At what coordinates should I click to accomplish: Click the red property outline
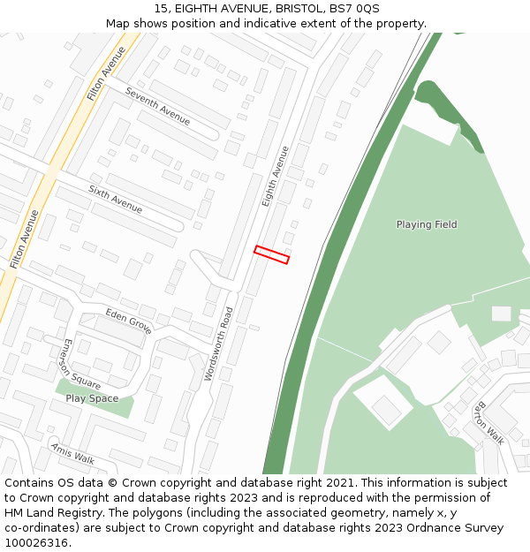pyautogui.click(x=271, y=254)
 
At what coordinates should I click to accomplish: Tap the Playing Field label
pyautogui.click(x=427, y=224)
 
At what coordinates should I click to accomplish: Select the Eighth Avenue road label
pyautogui.click(x=276, y=177)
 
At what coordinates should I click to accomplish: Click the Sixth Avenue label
pyautogui.click(x=115, y=199)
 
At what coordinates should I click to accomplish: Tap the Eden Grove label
pyautogui.click(x=129, y=321)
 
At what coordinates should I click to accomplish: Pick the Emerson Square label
pyautogui.click(x=82, y=364)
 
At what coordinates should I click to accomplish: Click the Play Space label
pyautogui.click(x=92, y=398)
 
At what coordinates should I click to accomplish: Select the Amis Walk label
pyautogui.click(x=72, y=453)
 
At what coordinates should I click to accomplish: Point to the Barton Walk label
pyautogui.click(x=488, y=422)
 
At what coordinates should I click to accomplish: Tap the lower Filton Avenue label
pyautogui.click(x=25, y=238)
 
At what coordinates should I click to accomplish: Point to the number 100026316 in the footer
pyautogui.click(x=36, y=543)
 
